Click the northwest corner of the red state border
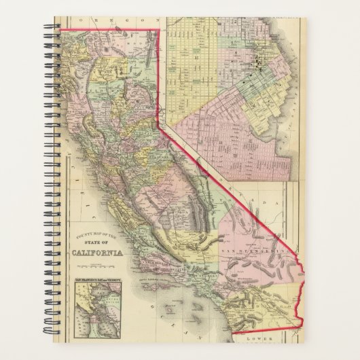(63, 29)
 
